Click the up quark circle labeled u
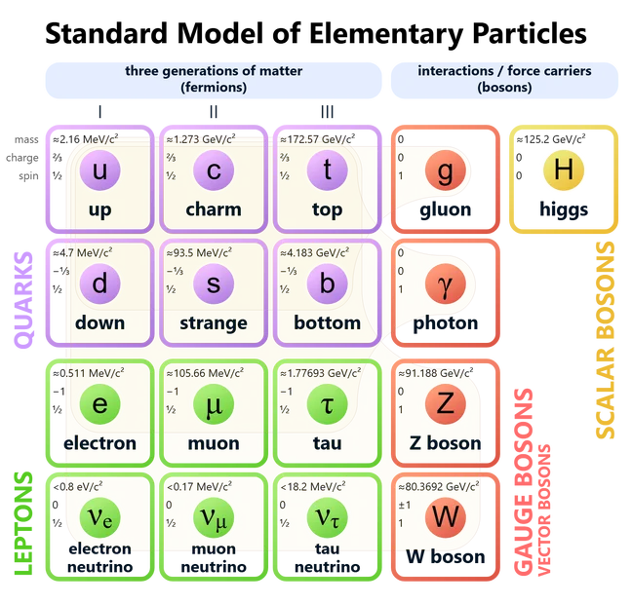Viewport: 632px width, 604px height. (x=99, y=171)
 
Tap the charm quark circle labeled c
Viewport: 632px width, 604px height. (x=214, y=171)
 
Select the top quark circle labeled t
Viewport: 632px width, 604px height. (x=327, y=171)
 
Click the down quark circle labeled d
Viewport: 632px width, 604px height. (x=99, y=284)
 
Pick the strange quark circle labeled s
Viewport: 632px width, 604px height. (x=214, y=284)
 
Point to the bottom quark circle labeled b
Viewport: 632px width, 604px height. (x=327, y=284)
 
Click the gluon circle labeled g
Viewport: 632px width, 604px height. (x=445, y=171)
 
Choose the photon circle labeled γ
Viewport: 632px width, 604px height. (x=445, y=284)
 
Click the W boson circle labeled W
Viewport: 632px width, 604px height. (x=445, y=516)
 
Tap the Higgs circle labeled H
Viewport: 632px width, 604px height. (x=562, y=170)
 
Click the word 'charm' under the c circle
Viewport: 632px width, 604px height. (x=213, y=209)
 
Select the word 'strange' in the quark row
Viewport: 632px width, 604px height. (x=214, y=322)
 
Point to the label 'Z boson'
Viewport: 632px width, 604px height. (x=445, y=443)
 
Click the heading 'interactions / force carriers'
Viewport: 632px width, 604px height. (x=504, y=71)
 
